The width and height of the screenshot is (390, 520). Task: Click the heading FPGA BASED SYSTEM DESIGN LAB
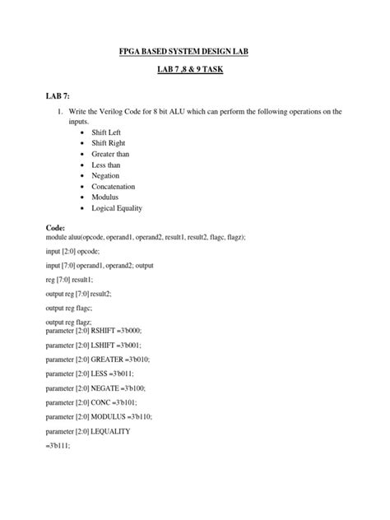[195, 53]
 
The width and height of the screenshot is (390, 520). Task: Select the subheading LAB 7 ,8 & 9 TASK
[195, 72]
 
